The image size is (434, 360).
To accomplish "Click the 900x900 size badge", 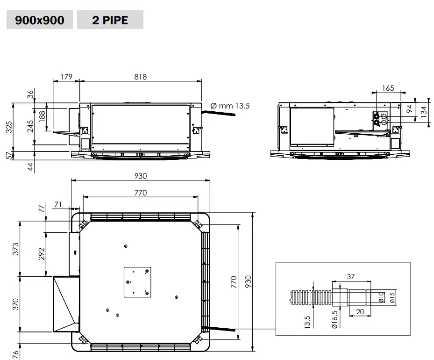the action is tap(40, 20).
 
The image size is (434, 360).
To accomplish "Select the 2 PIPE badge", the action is tap(110, 20).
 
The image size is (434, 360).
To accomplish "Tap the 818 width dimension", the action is tap(140, 77).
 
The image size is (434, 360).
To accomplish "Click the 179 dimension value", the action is tap(66, 77).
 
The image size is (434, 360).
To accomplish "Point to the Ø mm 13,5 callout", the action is tap(230, 106).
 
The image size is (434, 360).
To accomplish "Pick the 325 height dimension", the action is tap(9, 127).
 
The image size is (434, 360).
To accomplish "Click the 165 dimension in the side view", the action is tap(388, 88).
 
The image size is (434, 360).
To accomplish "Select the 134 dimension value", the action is tap(424, 112).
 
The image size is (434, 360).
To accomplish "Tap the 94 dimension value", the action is tap(410, 108).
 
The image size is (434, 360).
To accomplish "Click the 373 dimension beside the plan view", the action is tap(16, 248).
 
